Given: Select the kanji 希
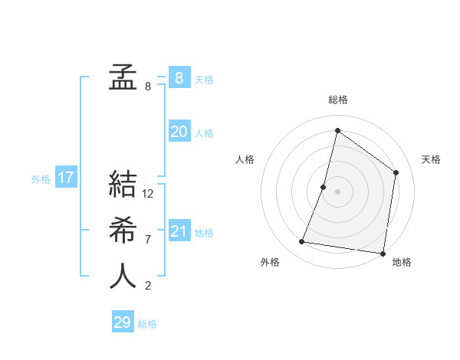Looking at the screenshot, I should click(x=123, y=230).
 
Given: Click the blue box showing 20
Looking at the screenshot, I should click(x=179, y=132).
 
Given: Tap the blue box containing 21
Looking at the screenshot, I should click(x=179, y=231).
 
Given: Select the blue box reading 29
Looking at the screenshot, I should click(x=123, y=322).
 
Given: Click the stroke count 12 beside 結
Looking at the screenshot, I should click(x=148, y=194).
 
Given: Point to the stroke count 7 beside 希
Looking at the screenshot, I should click(x=148, y=240).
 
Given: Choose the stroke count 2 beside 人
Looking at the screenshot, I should click(x=148, y=286).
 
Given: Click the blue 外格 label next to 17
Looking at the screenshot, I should click(x=41, y=179).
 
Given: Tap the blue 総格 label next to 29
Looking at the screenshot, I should click(x=147, y=324).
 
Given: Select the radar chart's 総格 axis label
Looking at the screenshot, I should click(x=337, y=100).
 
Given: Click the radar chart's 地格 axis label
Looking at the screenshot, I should click(x=402, y=262).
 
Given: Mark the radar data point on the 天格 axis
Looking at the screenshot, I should click(x=396, y=172).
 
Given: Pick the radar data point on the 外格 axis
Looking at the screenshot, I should click(x=302, y=242).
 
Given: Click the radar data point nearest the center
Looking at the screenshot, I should click(x=324, y=187).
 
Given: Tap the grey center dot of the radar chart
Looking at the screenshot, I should click(x=337, y=191).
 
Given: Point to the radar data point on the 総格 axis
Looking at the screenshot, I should click(x=337, y=130).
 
